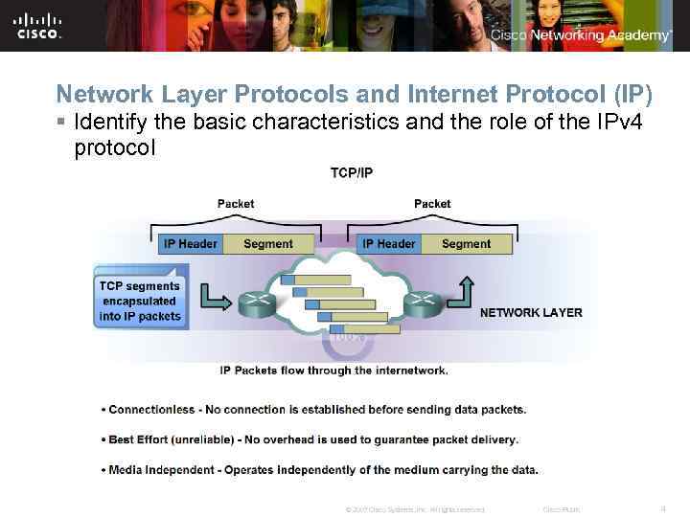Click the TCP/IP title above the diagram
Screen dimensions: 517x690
352,173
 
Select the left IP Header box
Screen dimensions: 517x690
190,244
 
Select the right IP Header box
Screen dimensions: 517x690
388,244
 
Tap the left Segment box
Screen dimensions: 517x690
268,244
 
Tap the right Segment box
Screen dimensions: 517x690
466,244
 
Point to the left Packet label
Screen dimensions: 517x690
236,203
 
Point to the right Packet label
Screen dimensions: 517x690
432,203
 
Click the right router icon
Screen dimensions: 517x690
422,303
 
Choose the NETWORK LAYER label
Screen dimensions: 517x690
531,313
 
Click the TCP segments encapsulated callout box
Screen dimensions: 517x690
140,301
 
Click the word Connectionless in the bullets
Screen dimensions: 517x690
151,410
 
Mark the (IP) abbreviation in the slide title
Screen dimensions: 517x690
627,94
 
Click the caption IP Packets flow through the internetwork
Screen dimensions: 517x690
334,370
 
